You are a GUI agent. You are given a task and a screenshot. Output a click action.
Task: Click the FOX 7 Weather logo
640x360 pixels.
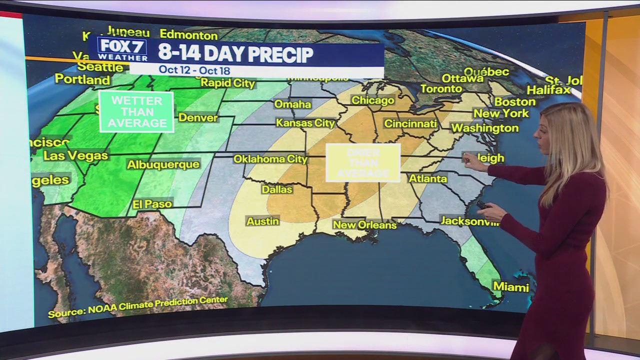122,49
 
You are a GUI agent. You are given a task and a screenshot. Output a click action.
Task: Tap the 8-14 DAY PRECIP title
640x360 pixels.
235,54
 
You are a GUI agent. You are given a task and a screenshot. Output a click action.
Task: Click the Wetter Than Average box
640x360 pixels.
136,111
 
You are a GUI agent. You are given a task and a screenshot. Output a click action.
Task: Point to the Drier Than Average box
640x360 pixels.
363,163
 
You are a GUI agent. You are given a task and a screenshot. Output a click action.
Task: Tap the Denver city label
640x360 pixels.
198,118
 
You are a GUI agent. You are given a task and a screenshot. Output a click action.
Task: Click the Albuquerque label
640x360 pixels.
163,164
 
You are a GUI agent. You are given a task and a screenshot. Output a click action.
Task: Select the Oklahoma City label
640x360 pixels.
270,159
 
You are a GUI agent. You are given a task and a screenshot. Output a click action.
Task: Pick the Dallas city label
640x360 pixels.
277,189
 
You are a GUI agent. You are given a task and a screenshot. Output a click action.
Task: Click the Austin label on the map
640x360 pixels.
262,221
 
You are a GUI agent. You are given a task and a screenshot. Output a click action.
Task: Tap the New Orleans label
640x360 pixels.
364,225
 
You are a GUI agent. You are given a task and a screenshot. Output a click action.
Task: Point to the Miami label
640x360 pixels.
511,287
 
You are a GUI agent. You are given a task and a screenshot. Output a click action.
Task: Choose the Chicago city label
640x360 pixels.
373,100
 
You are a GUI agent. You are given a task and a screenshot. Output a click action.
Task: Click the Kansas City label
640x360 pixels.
305,123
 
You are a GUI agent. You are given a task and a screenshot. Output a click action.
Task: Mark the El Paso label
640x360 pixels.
152,204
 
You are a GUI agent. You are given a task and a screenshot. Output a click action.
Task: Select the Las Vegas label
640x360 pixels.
75,155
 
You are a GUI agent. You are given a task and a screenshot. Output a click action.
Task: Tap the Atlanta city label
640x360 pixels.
427,178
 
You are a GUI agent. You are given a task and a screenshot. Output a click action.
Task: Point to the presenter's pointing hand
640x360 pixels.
470,160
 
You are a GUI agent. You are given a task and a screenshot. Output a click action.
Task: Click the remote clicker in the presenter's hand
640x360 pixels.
483,205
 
